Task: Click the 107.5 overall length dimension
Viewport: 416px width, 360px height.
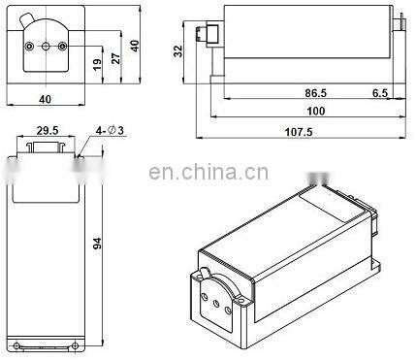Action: pyautogui.click(x=299, y=132)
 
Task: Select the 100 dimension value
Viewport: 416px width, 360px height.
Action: pyautogui.click(x=315, y=112)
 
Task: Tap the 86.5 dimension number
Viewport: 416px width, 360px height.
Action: pyautogui.click(x=316, y=93)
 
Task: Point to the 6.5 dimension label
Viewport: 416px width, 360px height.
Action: pyautogui.click(x=380, y=93)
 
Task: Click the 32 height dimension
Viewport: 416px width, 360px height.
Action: pyautogui.click(x=178, y=51)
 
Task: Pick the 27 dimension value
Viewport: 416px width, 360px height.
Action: pyautogui.click(x=115, y=58)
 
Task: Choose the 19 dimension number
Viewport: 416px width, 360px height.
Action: pyautogui.click(x=97, y=64)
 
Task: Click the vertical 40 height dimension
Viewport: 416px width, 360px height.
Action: pyautogui.click(x=135, y=46)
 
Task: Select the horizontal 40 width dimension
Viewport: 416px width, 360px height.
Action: pyautogui.click(x=45, y=99)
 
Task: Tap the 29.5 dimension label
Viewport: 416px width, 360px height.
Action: pyautogui.click(x=48, y=131)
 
